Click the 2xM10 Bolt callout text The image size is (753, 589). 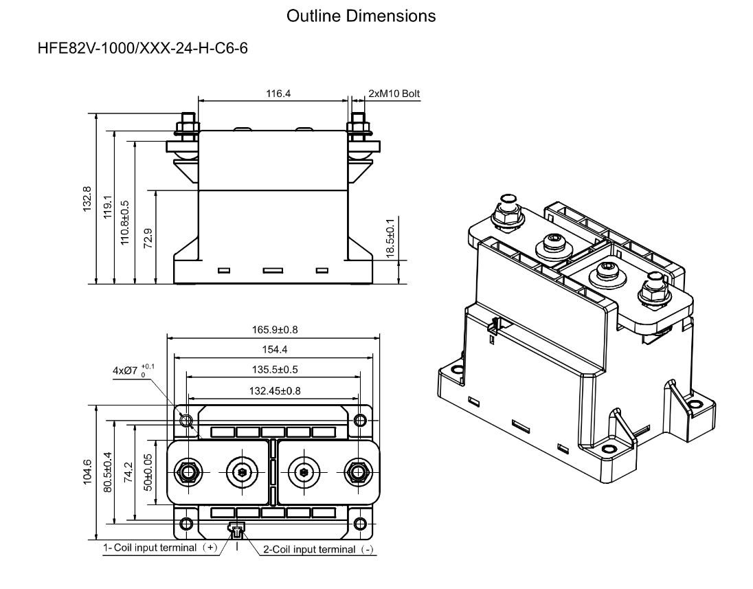394,93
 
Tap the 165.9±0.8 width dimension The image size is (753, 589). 273,329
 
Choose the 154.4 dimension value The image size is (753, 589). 273,349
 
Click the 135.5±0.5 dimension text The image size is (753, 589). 273,369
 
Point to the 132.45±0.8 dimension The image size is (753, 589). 273,390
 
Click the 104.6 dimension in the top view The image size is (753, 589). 85,473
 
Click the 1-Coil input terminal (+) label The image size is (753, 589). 160,548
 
